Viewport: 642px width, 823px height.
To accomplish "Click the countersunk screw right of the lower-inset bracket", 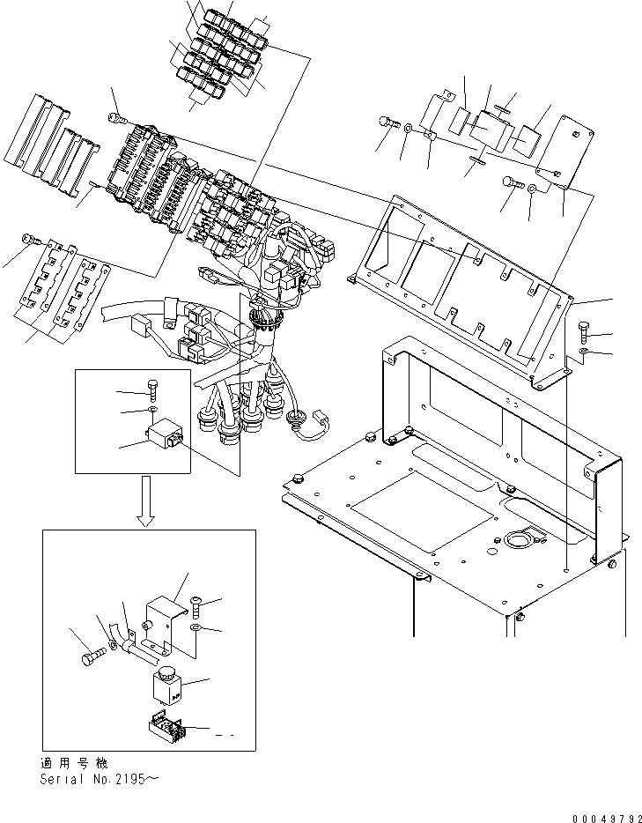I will coord(195,604).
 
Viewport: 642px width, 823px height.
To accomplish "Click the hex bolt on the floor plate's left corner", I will coord(297,479).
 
